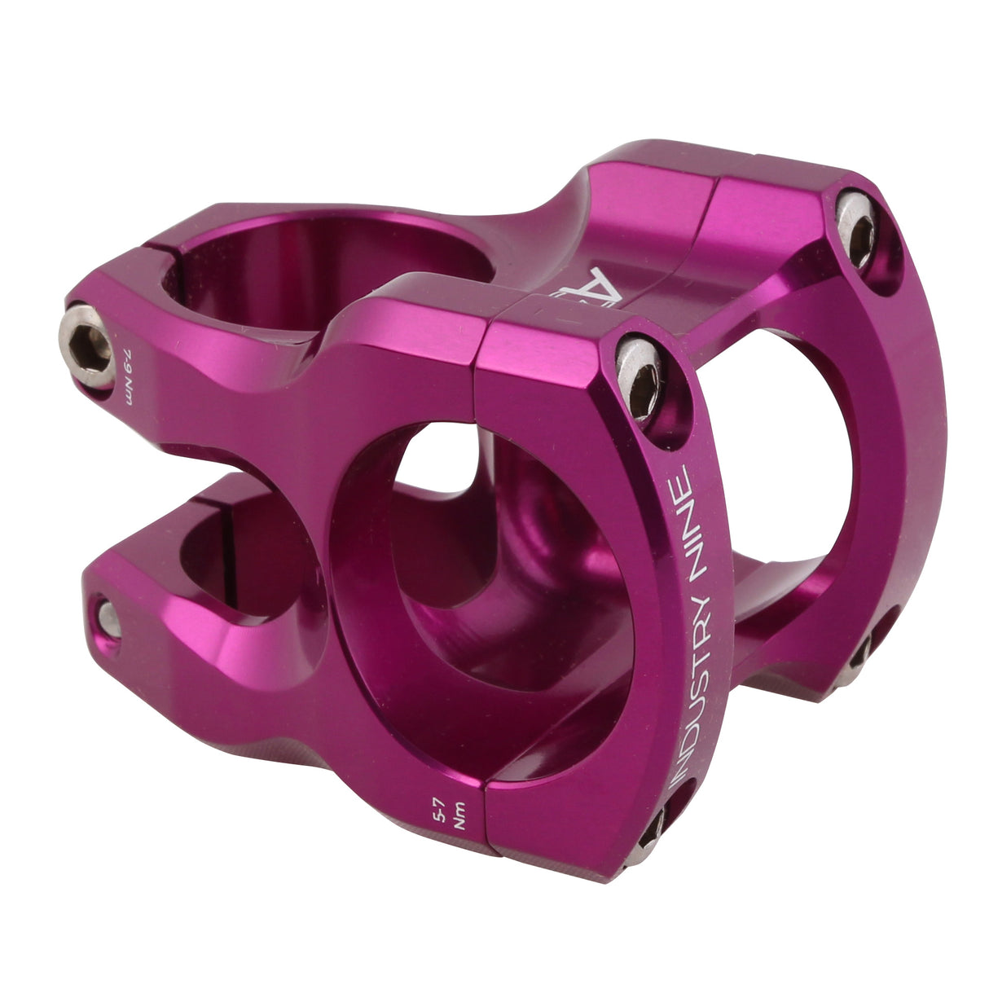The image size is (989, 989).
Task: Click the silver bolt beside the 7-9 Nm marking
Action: coord(89,345)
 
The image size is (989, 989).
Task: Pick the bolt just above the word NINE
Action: coord(638,378)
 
